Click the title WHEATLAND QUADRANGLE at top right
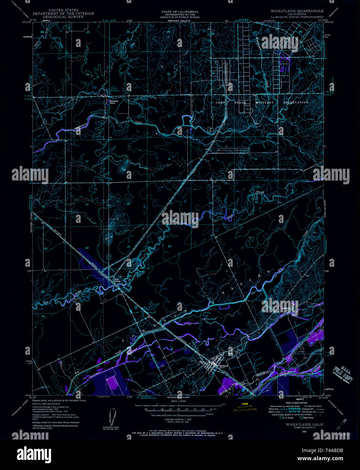click(297, 11)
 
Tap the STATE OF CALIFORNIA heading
click(180, 12)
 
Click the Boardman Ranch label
click(112, 102)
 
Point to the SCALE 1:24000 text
click(179, 401)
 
